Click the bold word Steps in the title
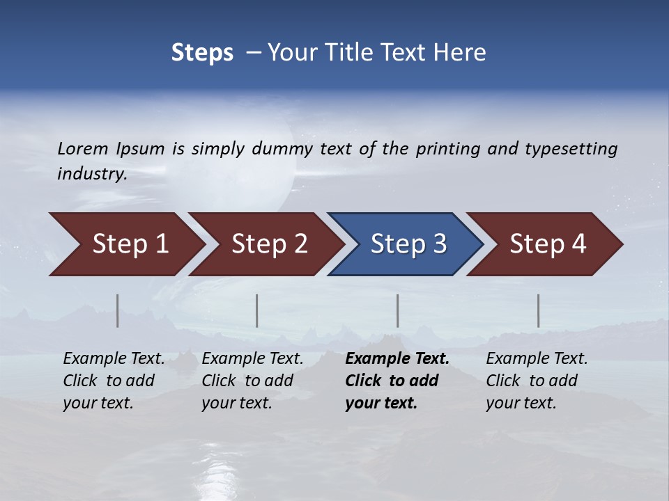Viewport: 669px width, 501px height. tap(202, 53)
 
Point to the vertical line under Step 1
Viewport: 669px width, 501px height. tap(118, 310)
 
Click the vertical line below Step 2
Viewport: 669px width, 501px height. tap(257, 310)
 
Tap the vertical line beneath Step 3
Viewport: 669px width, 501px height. tap(398, 310)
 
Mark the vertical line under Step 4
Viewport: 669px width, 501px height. tap(539, 310)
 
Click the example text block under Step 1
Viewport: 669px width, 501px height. tap(114, 381)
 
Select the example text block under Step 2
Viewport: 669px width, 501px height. tap(252, 381)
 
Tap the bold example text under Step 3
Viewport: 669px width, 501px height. tap(397, 381)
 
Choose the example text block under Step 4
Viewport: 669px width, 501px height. tap(537, 381)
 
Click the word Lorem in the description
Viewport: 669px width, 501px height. tap(82, 149)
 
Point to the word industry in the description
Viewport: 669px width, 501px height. tap(92, 174)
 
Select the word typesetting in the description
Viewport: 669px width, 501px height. tap(571, 149)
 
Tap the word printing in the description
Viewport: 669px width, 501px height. tap(448, 149)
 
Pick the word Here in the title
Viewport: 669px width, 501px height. tap(458, 53)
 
